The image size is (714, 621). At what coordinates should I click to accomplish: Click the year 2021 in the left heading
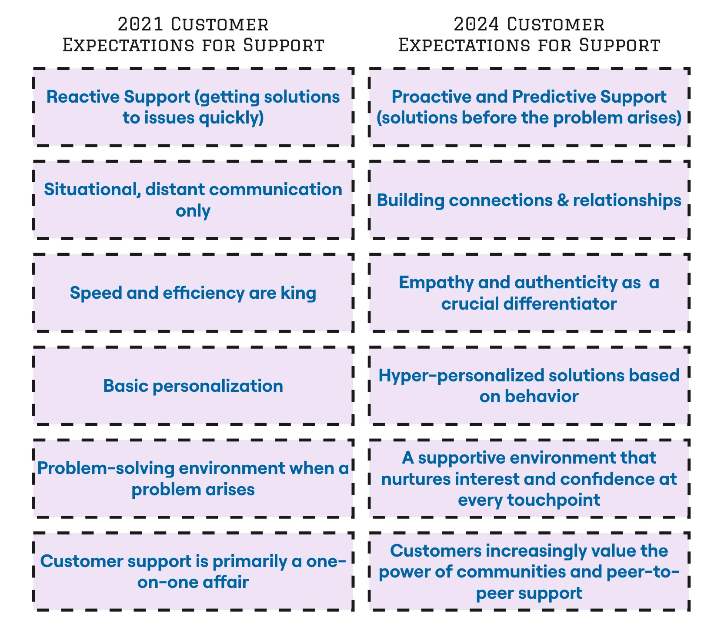[x=140, y=24]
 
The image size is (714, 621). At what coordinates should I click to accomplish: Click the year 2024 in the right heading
[x=476, y=24]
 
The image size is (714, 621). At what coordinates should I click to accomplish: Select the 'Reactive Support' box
[x=193, y=107]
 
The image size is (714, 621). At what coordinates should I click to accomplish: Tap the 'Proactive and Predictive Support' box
[x=529, y=107]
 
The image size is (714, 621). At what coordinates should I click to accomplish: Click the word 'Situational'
[x=91, y=190]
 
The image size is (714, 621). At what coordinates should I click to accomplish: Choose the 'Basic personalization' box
[x=193, y=386]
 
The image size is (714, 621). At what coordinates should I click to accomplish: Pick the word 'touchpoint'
[x=554, y=501]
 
